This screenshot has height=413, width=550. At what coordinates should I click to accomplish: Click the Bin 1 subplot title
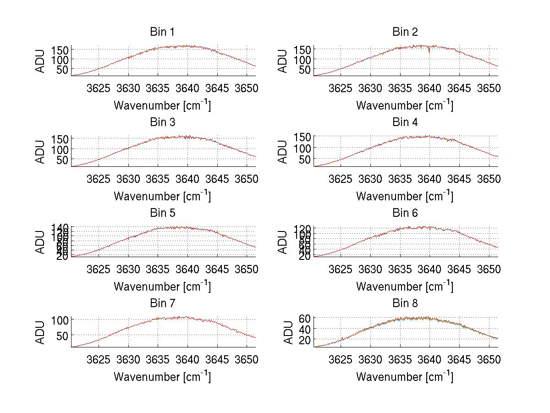pyautogui.click(x=162, y=32)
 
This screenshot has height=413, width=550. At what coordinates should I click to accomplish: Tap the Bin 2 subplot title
pyautogui.click(x=405, y=32)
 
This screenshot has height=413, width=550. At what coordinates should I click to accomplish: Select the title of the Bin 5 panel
pyautogui.click(x=162, y=213)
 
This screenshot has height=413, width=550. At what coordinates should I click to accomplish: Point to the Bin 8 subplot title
pyautogui.click(x=405, y=303)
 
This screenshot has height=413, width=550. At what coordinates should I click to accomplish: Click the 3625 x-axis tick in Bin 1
pyautogui.click(x=99, y=88)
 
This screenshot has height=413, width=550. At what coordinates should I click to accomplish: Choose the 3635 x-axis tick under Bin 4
pyautogui.click(x=400, y=178)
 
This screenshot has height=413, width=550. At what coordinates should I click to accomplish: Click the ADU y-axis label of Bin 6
pyautogui.click(x=283, y=242)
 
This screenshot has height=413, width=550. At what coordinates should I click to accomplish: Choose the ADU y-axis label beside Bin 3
pyautogui.click(x=41, y=151)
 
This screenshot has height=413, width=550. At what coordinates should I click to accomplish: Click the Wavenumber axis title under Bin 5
pyautogui.click(x=162, y=286)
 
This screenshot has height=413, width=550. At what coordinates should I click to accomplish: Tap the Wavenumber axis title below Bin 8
pyautogui.click(x=405, y=377)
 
